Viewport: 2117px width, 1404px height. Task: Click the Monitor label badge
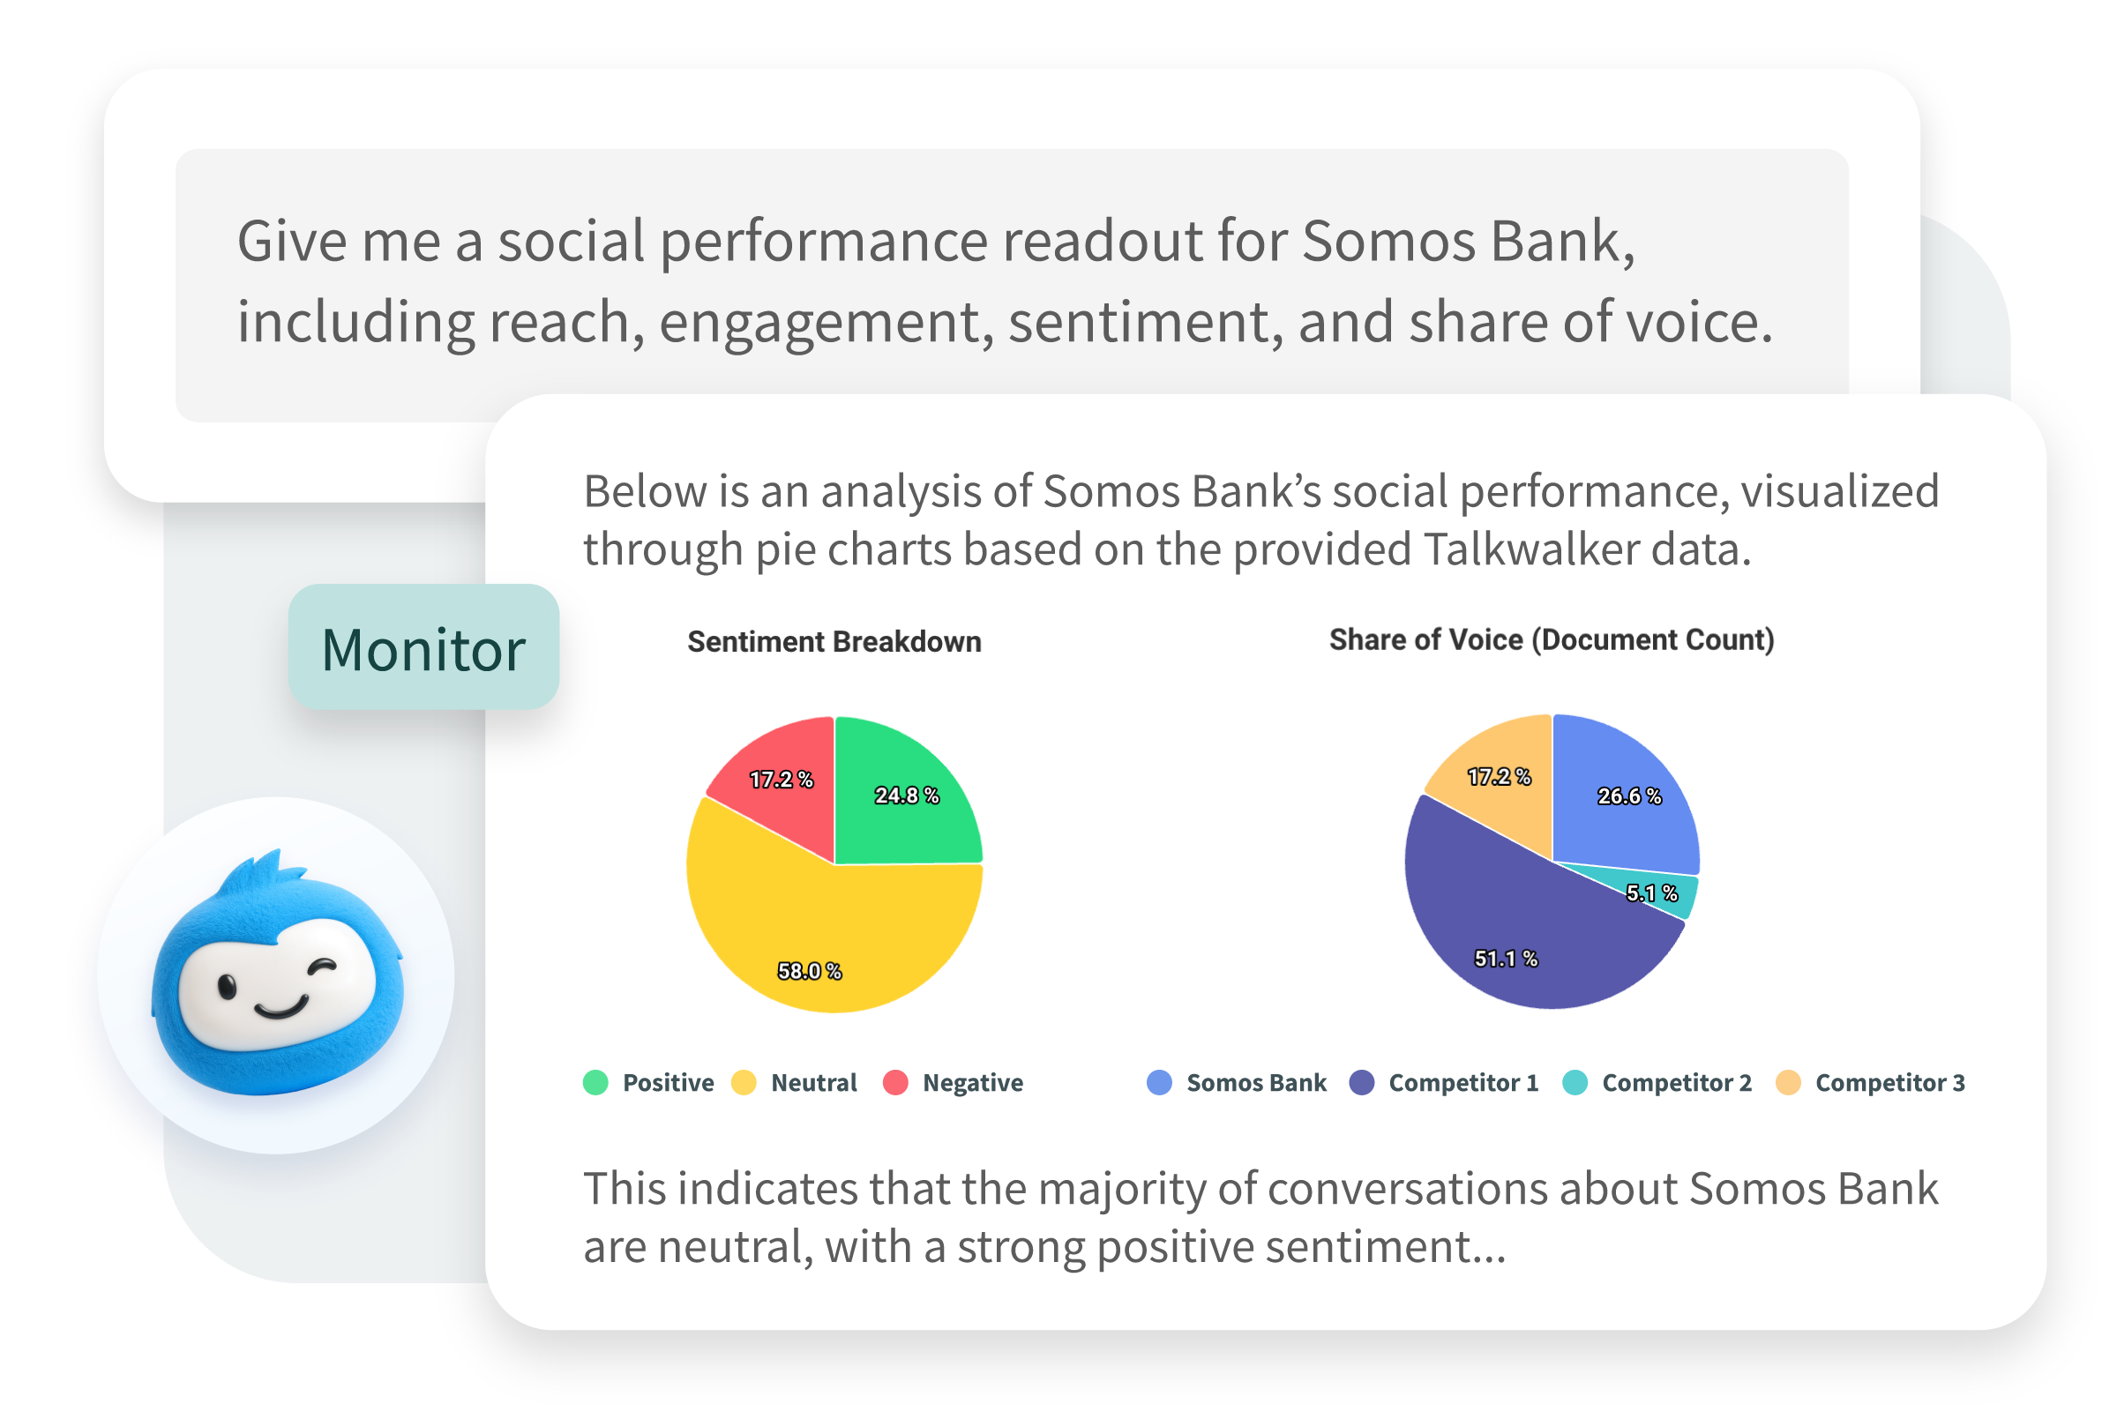(423, 648)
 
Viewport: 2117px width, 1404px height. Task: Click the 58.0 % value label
(809, 971)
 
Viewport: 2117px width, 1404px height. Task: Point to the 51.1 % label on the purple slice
(1506, 958)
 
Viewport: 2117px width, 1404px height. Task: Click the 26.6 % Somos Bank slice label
(1628, 795)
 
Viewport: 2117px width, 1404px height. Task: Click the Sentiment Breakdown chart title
(834, 641)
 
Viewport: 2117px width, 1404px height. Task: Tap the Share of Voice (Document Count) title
(1551, 639)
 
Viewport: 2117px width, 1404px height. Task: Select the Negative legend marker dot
(895, 1083)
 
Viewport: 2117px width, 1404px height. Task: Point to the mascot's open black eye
(227, 988)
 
